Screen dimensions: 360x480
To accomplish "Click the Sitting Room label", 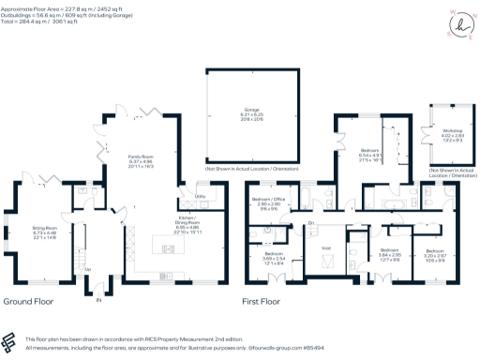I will (x=46, y=231).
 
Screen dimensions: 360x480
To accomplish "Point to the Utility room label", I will (x=201, y=196).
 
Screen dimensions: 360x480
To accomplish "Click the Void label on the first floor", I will (x=325, y=247).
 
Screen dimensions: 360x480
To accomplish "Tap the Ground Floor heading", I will (x=29, y=303).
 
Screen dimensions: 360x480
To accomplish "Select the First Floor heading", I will (x=263, y=303).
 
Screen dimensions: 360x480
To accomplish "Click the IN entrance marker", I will (x=98, y=300).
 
